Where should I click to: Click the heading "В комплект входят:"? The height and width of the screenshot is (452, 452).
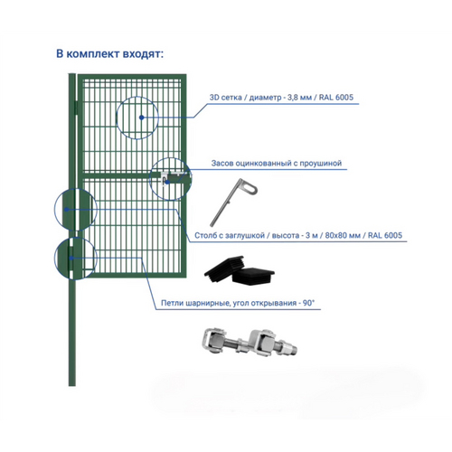point(110,54)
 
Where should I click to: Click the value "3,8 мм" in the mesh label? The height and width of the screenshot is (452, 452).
point(299,98)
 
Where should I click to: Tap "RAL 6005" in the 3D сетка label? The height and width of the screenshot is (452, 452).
point(336,98)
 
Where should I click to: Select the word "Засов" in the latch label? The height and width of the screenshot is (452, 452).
point(222,163)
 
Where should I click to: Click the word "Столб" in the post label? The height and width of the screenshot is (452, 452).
point(205,235)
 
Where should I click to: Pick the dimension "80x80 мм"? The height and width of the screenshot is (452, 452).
point(343,235)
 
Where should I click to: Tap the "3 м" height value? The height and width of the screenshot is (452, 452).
point(312,235)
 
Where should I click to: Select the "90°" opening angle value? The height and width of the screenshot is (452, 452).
point(308,303)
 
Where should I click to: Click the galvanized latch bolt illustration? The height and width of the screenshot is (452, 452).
point(233,202)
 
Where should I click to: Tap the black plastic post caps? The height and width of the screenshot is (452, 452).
point(239,269)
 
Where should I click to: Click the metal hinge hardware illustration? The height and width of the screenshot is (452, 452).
point(250,343)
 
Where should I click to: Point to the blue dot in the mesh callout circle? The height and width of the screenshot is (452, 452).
point(141,118)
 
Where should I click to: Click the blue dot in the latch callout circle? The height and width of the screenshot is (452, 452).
point(167,182)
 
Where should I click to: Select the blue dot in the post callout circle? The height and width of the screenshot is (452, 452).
point(67,209)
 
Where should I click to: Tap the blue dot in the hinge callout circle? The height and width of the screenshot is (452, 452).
point(71,259)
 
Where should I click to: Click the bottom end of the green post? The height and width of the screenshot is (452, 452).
point(72,386)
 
